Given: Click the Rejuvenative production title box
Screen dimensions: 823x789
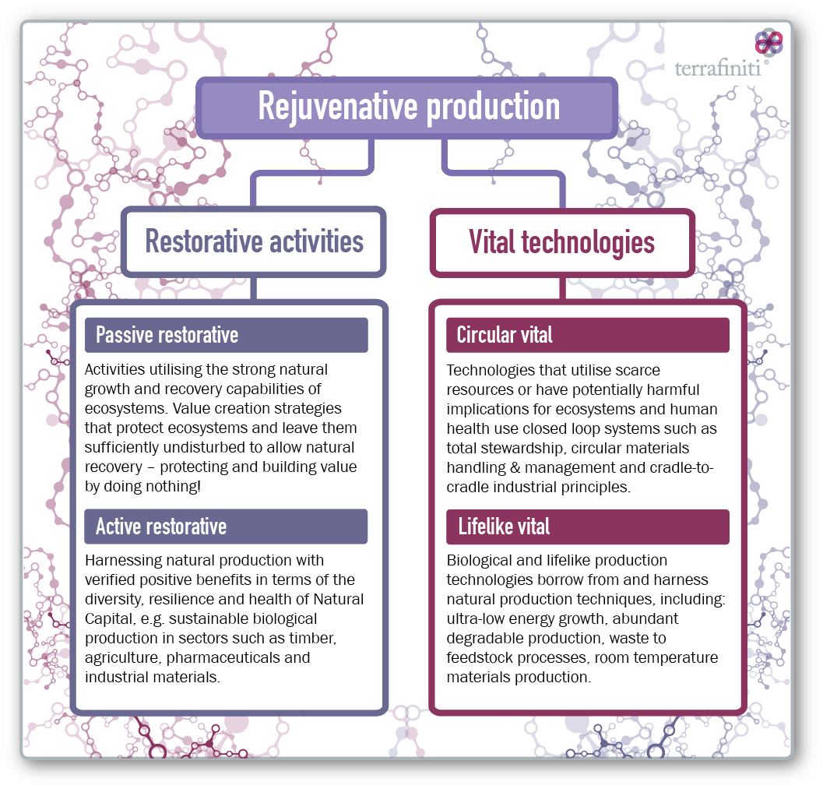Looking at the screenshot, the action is [406, 107].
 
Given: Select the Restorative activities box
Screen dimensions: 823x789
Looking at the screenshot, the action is [254, 241].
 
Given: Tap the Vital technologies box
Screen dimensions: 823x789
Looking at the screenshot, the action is [562, 242].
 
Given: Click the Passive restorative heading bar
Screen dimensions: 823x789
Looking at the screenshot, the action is [227, 335].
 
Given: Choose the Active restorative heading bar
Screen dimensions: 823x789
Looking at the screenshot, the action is [227, 526].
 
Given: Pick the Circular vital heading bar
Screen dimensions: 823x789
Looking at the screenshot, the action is [588, 335].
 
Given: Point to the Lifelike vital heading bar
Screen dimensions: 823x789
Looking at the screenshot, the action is [588, 527].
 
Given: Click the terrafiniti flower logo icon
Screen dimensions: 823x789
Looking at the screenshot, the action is [769, 43].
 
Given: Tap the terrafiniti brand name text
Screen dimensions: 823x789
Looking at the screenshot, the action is [718, 69].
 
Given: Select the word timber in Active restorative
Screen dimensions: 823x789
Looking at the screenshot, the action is [314, 639].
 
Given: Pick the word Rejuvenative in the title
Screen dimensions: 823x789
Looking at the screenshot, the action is [337, 107].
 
